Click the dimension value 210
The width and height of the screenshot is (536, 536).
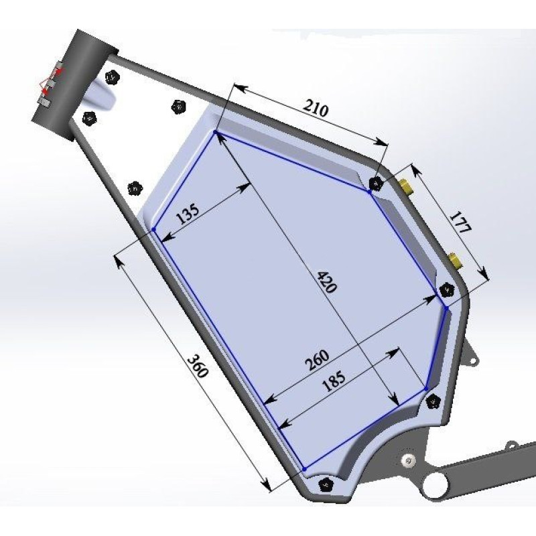point(315,109)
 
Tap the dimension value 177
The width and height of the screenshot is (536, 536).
point(460,222)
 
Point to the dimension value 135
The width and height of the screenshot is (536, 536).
point(188,214)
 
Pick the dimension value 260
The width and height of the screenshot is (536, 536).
point(318,360)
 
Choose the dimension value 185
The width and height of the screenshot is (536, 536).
point(334,381)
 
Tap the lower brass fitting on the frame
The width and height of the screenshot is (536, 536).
point(454,260)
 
